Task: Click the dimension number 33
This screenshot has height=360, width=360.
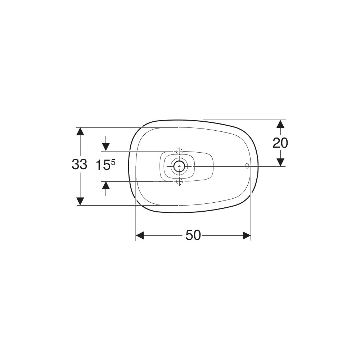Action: pos(80,165)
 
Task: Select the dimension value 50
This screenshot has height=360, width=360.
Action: pos(193,235)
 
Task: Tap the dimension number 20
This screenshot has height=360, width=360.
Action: pos(280,143)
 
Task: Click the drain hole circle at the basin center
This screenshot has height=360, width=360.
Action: pos(179,166)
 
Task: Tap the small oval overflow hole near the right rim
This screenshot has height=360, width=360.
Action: pos(247,166)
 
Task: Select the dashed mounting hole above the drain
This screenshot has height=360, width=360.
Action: pos(179,151)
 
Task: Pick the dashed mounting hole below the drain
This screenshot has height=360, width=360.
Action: pos(179,181)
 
